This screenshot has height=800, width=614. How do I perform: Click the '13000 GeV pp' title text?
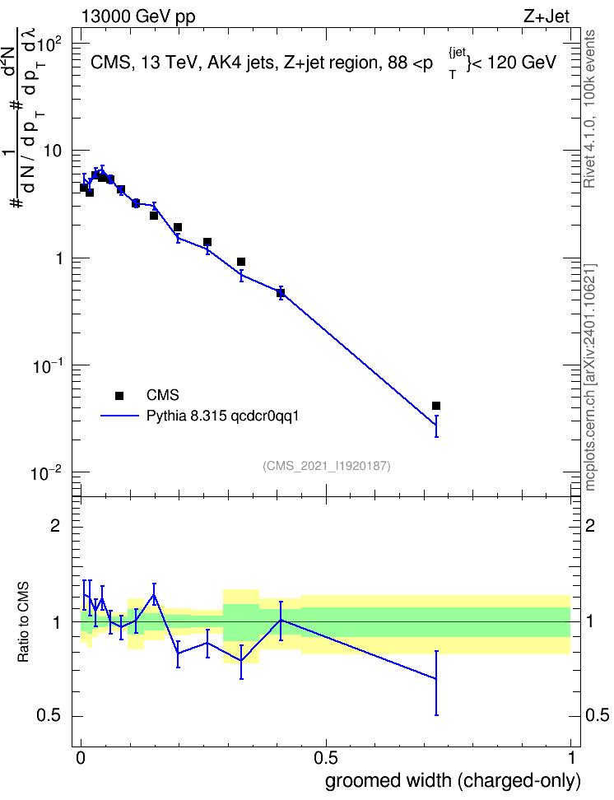click(x=137, y=16)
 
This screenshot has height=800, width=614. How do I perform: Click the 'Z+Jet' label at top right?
click(x=547, y=16)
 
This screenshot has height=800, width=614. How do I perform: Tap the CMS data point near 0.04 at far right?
click(x=436, y=406)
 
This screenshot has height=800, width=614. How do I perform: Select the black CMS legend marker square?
click(x=119, y=395)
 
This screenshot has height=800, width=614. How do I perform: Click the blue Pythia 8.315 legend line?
click(x=119, y=416)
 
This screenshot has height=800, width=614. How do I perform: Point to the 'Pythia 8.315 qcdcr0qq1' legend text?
click(x=222, y=416)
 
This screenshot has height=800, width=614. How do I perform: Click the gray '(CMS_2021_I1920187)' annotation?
click(x=327, y=466)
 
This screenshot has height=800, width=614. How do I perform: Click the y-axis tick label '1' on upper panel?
click(x=58, y=258)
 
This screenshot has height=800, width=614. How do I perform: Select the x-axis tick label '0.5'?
click(x=326, y=758)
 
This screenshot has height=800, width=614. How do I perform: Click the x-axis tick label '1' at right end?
click(x=571, y=758)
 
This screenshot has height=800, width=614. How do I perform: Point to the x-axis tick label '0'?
click(x=81, y=758)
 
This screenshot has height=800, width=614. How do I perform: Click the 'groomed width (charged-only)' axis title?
click(x=453, y=781)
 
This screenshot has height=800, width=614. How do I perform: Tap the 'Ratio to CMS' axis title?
click(x=23, y=622)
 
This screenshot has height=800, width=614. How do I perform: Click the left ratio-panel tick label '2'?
click(x=55, y=526)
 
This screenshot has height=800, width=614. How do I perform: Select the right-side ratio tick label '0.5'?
click(x=597, y=716)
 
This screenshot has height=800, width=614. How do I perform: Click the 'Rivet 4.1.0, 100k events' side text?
click(x=589, y=109)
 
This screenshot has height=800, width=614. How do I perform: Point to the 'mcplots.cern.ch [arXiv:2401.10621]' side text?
click(x=589, y=378)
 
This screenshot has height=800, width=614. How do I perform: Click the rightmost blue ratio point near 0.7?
click(x=436, y=678)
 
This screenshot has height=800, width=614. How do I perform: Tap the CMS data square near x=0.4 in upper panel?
click(x=280, y=293)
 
